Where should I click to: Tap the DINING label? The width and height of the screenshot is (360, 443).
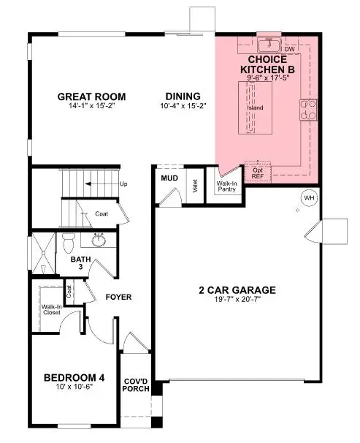[179, 96]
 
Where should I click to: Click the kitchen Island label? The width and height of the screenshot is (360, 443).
[255, 109]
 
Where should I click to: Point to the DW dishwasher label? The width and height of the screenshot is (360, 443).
[289, 49]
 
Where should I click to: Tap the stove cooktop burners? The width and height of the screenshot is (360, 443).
[308, 110]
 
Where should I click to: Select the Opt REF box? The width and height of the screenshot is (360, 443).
[258, 172]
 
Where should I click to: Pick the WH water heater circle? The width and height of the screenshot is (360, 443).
[307, 197]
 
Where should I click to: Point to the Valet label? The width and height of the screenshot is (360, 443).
[196, 187]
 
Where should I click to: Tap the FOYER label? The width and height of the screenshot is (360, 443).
[118, 297]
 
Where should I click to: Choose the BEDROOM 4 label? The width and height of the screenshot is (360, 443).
[74, 377]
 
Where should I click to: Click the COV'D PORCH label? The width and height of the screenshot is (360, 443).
[137, 384]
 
